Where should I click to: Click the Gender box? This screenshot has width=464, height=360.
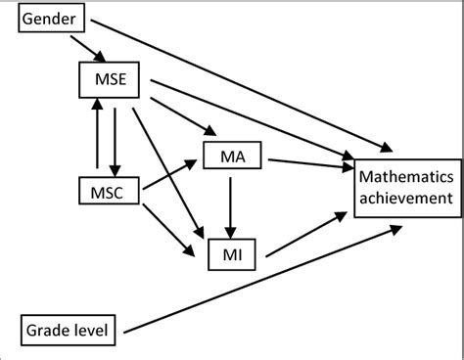[52, 20]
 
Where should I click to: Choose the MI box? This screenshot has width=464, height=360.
[233, 256]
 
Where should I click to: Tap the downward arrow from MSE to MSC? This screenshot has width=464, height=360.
[115, 137]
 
